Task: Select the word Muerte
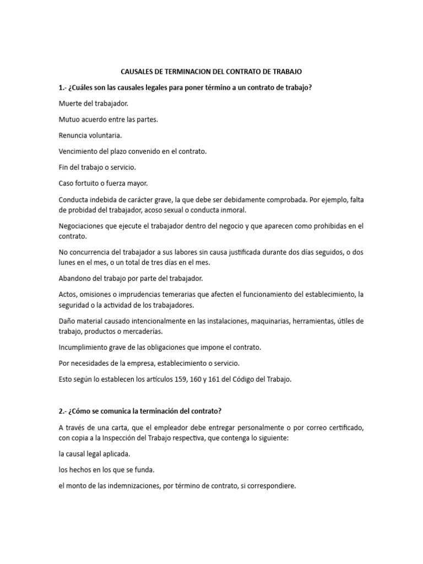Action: point(70,103)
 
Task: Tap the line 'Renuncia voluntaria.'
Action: point(90,135)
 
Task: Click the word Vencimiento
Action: point(79,151)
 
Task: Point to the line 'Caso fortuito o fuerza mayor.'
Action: point(103,183)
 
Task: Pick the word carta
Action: point(115,428)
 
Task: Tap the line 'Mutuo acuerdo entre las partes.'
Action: point(108,119)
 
